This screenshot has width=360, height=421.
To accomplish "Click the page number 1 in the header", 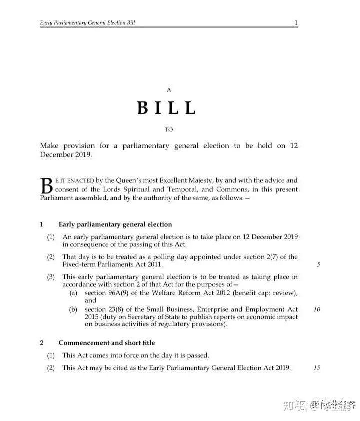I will tap(296, 23).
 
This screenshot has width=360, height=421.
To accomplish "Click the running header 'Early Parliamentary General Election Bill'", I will tap(87, 23).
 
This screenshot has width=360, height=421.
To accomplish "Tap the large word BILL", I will tap(167, 108).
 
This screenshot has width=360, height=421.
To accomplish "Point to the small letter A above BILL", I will tap(169, 90).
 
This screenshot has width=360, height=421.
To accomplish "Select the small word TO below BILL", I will tap(169, 130).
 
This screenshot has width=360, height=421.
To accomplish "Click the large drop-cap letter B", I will tap(46, 186).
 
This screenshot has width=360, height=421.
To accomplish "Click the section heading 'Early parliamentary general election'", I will tap(115, 224).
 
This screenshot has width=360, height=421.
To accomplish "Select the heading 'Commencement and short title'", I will tap(107, 343).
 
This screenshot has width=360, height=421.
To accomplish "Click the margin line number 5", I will tap(318, 265).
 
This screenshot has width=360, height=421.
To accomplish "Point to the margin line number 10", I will tap(317, 309).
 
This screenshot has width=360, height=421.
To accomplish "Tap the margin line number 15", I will tap(317, 368).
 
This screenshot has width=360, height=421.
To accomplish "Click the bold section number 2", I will tap(42, 343).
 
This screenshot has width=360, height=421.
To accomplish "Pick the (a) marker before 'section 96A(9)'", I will tap(73, 293).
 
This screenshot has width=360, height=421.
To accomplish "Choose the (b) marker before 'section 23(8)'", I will tap(73, 309).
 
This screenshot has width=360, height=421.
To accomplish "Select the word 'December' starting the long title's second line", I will tap(57, 155).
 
